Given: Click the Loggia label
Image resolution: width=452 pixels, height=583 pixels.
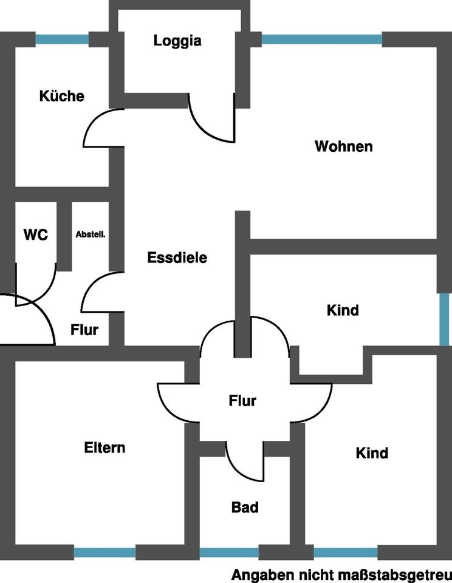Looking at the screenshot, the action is [177, 41].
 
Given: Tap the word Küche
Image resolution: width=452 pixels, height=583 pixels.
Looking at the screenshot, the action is [62, 96].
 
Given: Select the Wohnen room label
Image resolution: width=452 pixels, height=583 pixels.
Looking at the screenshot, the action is [344, 146].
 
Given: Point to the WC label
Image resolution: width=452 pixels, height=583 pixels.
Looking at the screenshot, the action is [36, 234].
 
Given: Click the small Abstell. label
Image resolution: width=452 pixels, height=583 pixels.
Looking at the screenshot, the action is [91, 234].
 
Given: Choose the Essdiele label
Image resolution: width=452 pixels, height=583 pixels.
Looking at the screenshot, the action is [177, 257].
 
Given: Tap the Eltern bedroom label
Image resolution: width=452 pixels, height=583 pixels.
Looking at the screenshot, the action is [104, 448].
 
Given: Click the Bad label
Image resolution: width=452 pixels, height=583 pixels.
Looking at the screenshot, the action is [245, 507].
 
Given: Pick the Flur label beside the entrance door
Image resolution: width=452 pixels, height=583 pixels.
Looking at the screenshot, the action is [84, 329].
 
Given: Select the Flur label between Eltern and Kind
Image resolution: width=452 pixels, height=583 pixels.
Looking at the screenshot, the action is [242, 400].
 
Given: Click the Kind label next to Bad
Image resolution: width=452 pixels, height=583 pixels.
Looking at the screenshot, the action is [372, 453].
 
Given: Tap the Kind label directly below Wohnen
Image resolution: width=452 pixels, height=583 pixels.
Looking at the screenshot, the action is [343, 310].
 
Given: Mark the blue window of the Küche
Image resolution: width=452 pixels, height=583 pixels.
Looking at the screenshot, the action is [62, 39].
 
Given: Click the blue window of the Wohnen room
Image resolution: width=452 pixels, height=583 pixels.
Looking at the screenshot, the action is [322, 39].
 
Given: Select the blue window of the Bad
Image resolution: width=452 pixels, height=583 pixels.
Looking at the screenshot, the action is [229, 553].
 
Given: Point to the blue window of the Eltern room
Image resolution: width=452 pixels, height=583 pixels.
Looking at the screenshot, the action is [104, 553].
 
